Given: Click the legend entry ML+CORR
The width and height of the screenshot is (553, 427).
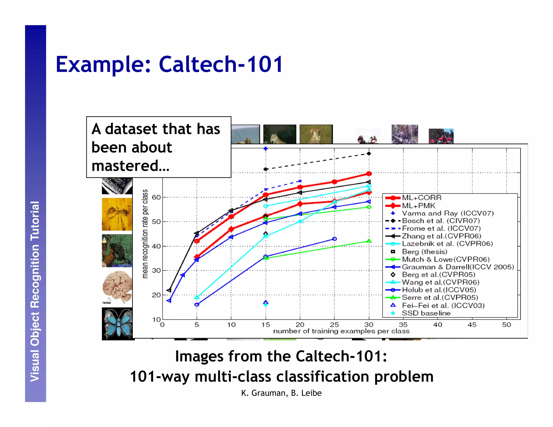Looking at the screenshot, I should point(422,198).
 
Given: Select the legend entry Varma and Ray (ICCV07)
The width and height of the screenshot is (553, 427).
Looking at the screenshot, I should point(447,213).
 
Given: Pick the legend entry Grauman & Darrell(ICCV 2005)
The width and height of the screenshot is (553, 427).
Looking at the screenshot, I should point(458,267).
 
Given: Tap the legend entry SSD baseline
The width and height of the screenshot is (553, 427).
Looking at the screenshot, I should point(426,313).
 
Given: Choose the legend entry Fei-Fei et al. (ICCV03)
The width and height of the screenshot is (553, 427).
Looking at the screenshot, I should point(443,306).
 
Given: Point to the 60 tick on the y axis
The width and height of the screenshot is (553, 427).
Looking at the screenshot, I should point(156,197).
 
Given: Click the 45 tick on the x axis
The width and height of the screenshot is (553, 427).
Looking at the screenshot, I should point(472,325).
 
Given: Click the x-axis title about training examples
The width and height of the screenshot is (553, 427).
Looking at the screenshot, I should point(341,331).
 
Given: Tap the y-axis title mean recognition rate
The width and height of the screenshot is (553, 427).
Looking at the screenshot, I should point(145,234).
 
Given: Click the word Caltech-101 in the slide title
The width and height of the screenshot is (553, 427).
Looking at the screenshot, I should point(221,64).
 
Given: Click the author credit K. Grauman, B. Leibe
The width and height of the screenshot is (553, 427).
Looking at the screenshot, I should point(281,393).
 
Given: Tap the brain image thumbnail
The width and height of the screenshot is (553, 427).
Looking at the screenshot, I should point(117,287).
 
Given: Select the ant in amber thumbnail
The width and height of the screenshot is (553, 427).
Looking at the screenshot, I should point(117,214).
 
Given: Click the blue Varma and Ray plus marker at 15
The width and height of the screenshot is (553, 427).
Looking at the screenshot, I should point(265,149).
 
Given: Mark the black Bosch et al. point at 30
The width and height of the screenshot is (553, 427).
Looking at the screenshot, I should point(369,154).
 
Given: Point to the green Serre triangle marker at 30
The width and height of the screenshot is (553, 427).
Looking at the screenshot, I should point(369,241).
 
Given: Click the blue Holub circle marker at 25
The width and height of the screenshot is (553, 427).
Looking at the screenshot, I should point(334,239).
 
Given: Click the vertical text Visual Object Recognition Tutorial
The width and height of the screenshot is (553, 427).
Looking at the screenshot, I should point(35,292).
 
